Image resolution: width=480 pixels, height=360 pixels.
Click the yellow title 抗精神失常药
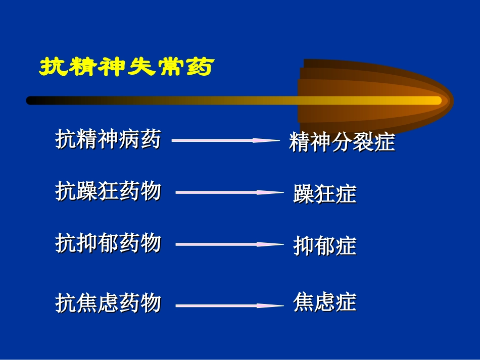pos(125,67)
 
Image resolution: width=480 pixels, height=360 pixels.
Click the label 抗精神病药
pos(108,139)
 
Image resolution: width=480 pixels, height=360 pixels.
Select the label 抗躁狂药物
pos(108,191)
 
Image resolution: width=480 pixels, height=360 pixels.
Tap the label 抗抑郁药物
pos(108,243)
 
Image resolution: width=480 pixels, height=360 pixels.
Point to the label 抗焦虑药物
pos(108,303)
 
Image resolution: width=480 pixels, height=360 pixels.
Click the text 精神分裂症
pos(342,142)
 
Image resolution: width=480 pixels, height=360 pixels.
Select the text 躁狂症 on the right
pos(324,194)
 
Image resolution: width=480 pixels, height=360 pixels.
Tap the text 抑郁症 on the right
pos(324,246)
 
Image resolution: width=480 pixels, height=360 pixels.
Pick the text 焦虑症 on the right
pos(324,302)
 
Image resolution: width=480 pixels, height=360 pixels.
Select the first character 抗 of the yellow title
pos(52,67)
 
